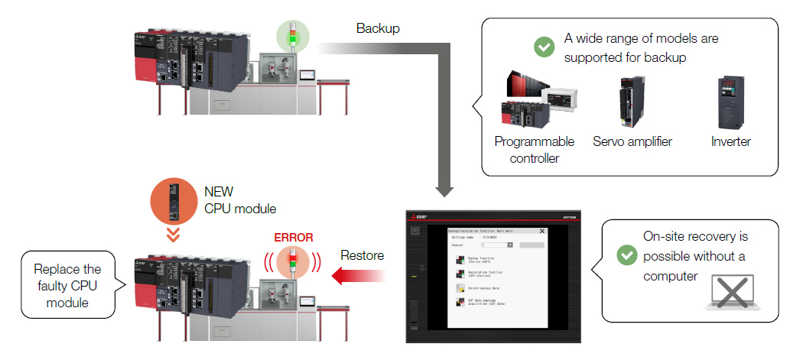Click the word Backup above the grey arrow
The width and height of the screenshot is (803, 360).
(378, 29)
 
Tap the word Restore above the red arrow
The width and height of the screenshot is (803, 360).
(361, 255)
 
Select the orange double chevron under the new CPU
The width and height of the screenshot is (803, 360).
(174, 233)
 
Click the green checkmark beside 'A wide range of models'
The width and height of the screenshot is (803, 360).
(544, 47)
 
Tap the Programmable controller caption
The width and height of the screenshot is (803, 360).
(534, 150)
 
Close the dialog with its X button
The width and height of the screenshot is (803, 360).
(542, 230)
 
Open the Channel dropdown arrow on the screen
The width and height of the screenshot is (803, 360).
(510, 245)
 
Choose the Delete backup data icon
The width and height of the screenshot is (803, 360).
(460, 287)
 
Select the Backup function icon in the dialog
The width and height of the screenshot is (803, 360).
(460, 259)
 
